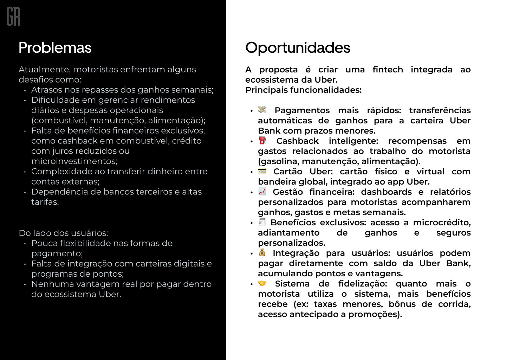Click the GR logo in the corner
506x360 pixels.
pyautogui.click(x=13, y=17)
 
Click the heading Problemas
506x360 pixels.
pyautogui.click(x=55, y=48)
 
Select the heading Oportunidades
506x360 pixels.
pyautogui.click(x=298, y=48)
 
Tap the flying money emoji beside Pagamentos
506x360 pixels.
pyautogui.click(x=262, y=110)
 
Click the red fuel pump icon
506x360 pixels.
pyautogui.click(x=262, y=141)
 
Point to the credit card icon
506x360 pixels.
pyautogui.click(x=262, y=171)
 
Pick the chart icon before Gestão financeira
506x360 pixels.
pyautogui.click(x=262, y=191)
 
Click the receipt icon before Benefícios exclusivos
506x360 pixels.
pyautogui.click(x=262, y=222)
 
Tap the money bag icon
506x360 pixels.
pyautogui.click(x=262, y=252)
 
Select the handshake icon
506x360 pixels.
pyautogui.click(x=262, y=283)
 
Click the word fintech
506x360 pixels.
pyautogui.click(x=388, y=70)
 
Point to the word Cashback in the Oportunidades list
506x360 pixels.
pyautogui.click(x=297, y=141)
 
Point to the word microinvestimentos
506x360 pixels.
pyautogui.click(x=74, y=161)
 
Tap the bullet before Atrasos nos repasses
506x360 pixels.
pyautogui.click(x=25, y=90)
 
